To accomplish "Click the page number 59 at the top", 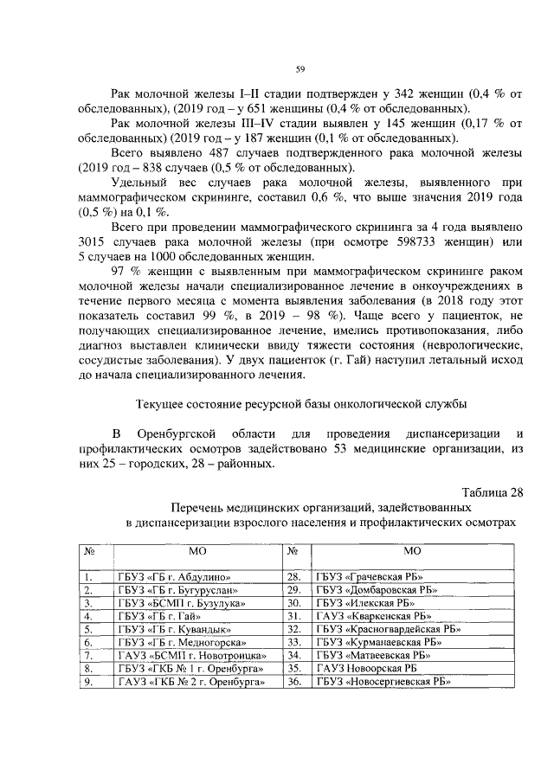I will [300, 69].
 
